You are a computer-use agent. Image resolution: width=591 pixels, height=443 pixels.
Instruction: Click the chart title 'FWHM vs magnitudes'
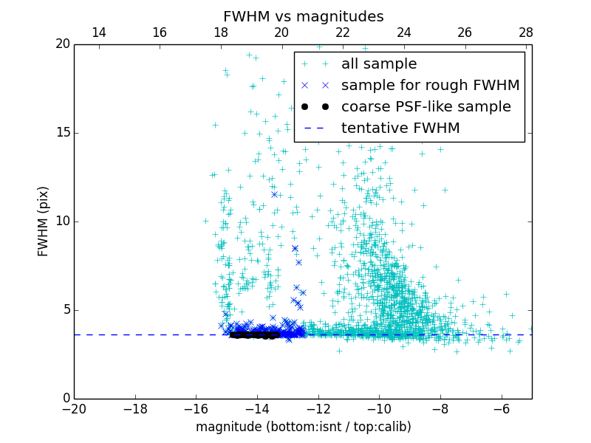(303, 16)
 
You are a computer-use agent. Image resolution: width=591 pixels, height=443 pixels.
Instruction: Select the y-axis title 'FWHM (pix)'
(44, 221)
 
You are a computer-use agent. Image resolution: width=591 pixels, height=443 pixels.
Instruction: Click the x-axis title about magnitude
(303, 427)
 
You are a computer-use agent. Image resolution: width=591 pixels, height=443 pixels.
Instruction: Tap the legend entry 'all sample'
(379, 64)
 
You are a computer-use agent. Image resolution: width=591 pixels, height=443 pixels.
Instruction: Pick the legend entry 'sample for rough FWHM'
(430, 86)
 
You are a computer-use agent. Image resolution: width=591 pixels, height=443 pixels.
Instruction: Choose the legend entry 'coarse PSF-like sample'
(426, 107)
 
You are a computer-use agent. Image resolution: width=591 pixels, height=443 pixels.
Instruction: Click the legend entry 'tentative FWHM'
(400, 128)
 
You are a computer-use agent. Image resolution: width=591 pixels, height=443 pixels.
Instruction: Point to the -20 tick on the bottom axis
(74, 408)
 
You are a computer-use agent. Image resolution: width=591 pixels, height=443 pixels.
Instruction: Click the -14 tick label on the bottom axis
(257, 408)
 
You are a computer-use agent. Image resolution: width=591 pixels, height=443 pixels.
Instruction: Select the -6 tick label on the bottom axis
(502, 408)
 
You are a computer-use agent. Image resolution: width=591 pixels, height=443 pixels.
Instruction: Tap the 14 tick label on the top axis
(98, 32)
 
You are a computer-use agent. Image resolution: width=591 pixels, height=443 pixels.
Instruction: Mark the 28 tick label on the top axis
(526, 32)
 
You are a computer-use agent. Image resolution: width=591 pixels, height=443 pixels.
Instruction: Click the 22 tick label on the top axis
(343, 32)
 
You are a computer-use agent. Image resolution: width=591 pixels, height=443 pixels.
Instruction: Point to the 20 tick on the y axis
(61, 44)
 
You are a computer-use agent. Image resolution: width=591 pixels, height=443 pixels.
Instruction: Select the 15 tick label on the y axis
(61, 133)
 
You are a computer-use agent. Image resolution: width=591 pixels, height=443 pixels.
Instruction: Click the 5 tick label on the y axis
(65, 310)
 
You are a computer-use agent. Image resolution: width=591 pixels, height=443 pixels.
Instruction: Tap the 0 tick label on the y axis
(65, 399)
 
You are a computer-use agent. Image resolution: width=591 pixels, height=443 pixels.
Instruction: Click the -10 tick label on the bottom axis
(379, 408)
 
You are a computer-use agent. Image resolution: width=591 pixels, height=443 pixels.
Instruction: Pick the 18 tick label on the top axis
(220, 32)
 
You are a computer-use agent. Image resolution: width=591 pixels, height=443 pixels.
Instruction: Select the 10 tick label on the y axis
(61, 221)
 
